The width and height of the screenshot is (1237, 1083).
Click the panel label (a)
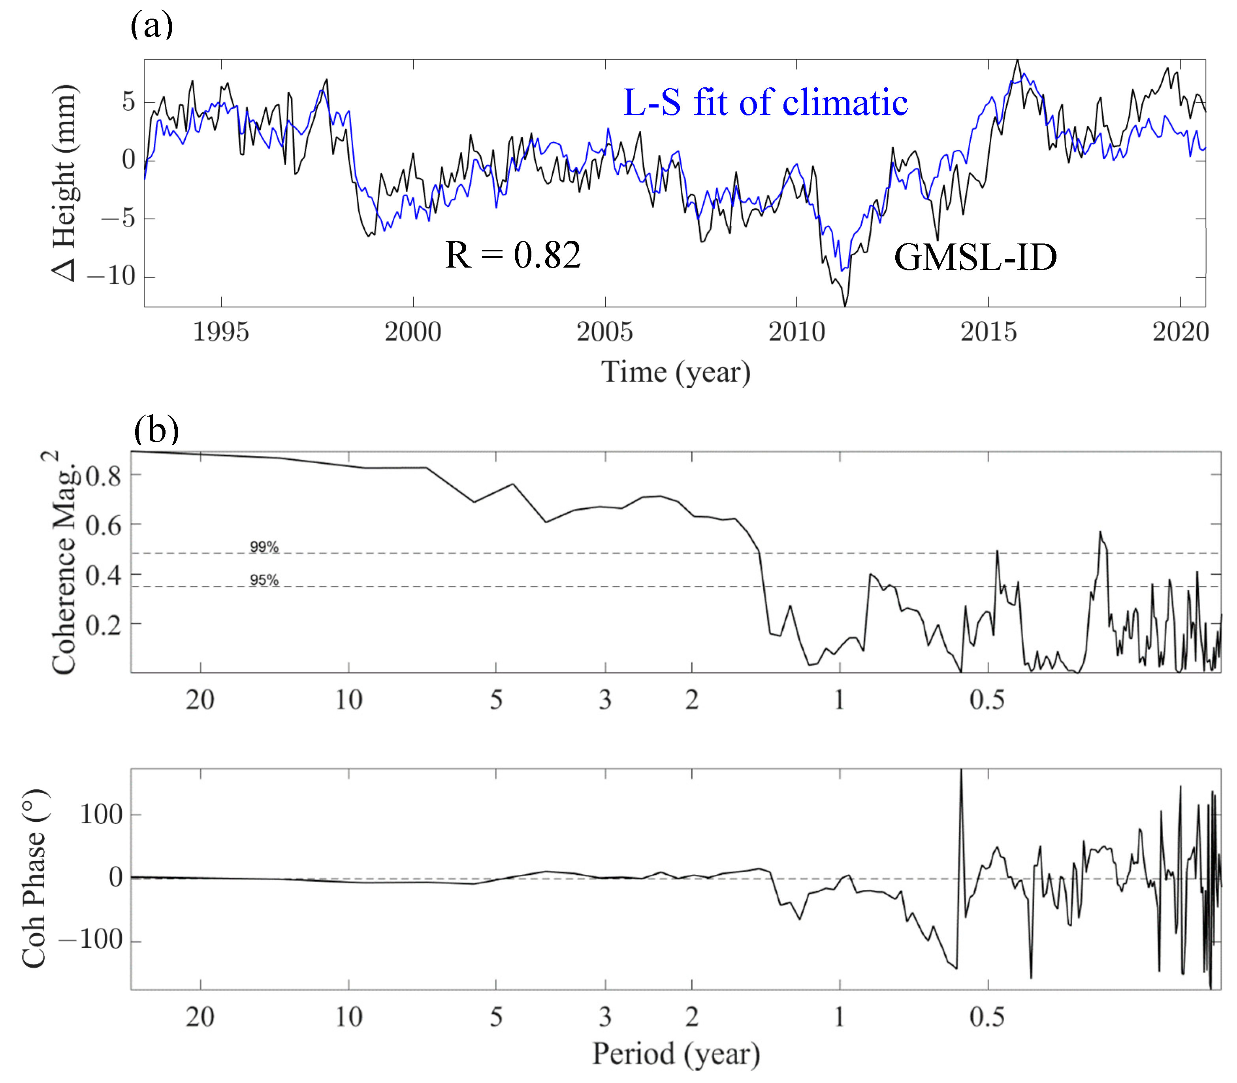[152, 25]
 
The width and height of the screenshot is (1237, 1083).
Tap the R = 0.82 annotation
[513, 255]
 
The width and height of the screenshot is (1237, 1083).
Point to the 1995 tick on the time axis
[221, 332]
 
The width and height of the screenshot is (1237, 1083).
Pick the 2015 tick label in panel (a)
[989, 332]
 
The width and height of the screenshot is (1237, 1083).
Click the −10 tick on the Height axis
[112, 276]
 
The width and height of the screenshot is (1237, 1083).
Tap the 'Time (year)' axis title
[675, 372]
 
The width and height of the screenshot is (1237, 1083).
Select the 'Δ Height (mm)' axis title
[65, 183]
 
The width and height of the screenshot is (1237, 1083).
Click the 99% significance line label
[264, 547]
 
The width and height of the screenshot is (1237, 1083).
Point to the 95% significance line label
[264, 580]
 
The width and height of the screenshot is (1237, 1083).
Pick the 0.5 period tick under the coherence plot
[987, 700]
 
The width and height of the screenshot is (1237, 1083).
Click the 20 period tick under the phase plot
[200, 1017]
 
